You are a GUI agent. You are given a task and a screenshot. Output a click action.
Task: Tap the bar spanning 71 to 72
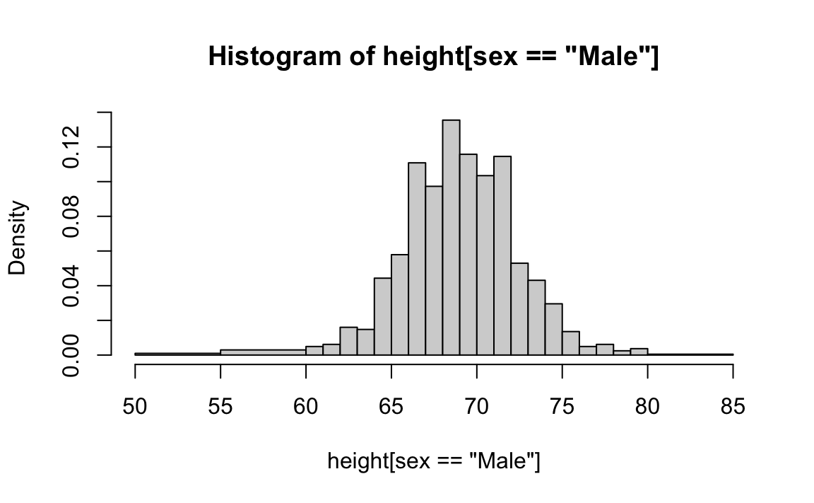[502, 255]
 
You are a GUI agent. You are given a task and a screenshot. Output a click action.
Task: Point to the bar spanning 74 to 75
[554, 329]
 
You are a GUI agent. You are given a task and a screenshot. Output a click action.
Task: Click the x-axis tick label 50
[135, 407]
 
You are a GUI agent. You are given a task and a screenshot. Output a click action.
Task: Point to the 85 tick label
[733, 407]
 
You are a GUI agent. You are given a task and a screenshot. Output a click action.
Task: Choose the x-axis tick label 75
[562, 407]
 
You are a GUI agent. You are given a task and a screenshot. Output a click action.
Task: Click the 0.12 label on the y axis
[71, 146]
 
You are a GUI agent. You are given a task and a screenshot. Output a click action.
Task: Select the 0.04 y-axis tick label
[71, 285]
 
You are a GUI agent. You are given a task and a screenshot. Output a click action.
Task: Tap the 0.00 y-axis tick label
[71, 354]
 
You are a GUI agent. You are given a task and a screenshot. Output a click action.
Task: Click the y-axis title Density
[18, 237]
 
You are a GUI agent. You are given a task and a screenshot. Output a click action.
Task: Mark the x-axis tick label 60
[306, 407]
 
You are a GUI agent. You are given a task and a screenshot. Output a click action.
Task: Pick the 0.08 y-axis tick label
[71, 216]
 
